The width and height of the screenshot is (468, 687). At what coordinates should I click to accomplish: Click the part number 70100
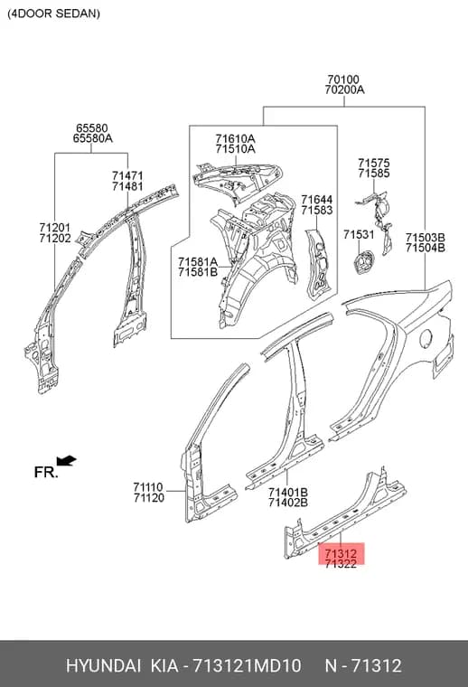click(343, 80)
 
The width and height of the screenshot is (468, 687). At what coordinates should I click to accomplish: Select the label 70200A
click(344, 89)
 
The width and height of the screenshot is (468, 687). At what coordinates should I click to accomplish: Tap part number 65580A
click(92, 138)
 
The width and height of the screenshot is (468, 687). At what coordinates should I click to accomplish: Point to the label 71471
click(127, 175)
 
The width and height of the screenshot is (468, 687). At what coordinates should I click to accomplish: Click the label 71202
click(55, 239)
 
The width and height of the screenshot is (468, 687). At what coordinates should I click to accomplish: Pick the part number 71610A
click(235, 139)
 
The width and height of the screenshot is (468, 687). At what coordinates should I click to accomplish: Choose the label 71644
click(316, 200)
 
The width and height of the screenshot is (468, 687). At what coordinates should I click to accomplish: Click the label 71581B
click(198, 272)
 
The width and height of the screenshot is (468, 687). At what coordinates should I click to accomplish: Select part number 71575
click(373, 163)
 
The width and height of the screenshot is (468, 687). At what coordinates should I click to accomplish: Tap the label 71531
click(359, 235)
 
